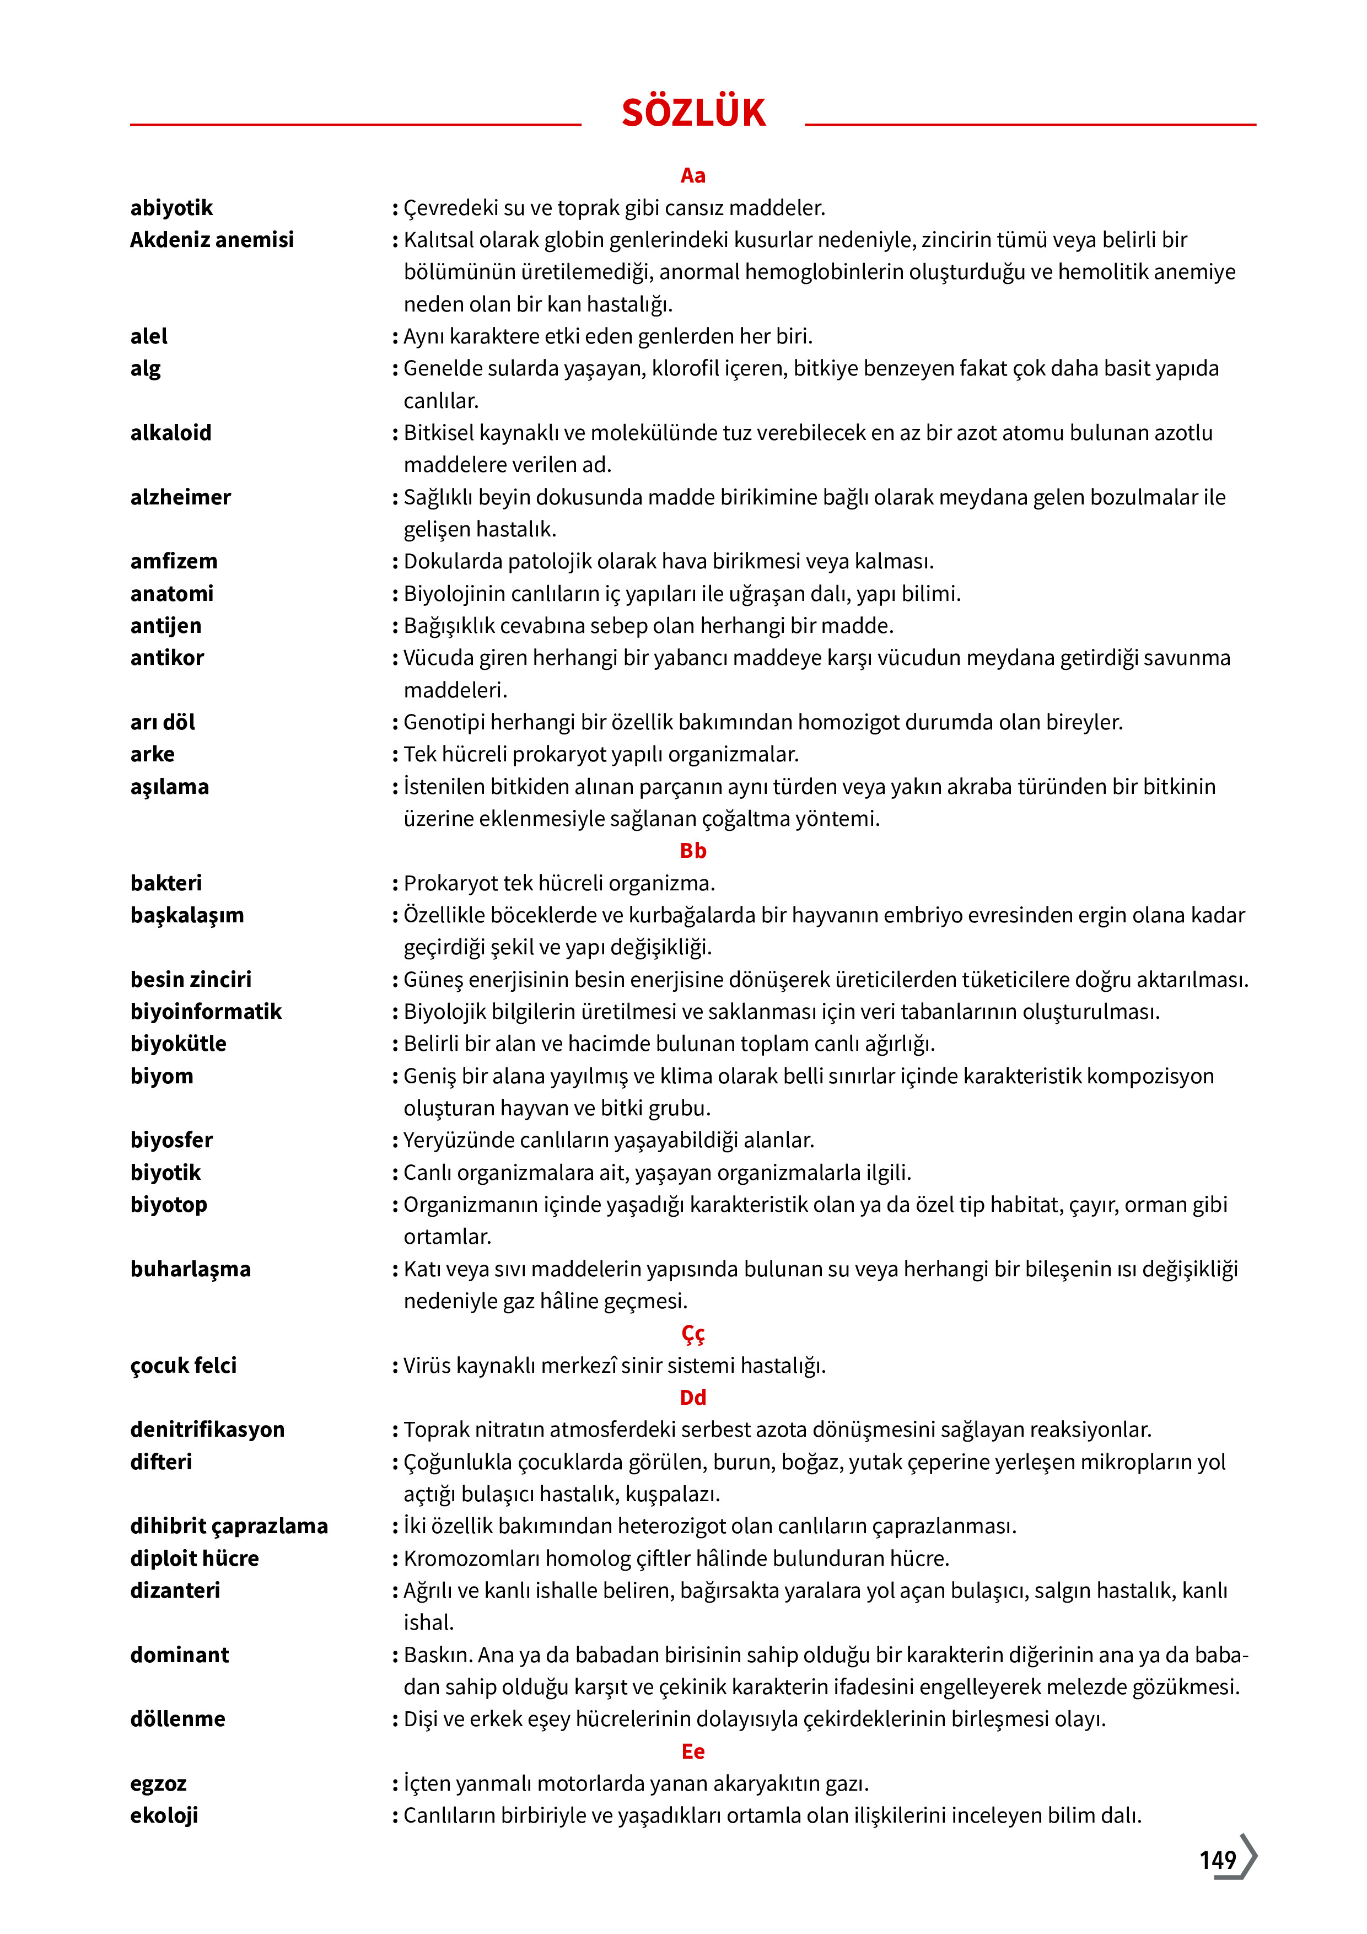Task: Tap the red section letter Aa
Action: click(x=692, y=175)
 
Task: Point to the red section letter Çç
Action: click(x=692, y=1334)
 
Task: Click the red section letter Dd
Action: click(x=692, y=1398)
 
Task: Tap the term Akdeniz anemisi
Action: click(x=212, y=240)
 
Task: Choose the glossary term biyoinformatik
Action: click(x=206, y=1012)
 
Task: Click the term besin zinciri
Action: click(x=190, y=980)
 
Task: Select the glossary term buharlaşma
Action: click(x=190, y=1270)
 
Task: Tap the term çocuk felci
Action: click(x=183, y=1366)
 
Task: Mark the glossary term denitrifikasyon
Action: click(x=207, y=1430)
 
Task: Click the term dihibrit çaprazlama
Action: click(x=228, y=1527)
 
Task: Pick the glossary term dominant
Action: click(x=179, y=1655)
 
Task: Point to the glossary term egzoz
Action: click(x=158, y=1784)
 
